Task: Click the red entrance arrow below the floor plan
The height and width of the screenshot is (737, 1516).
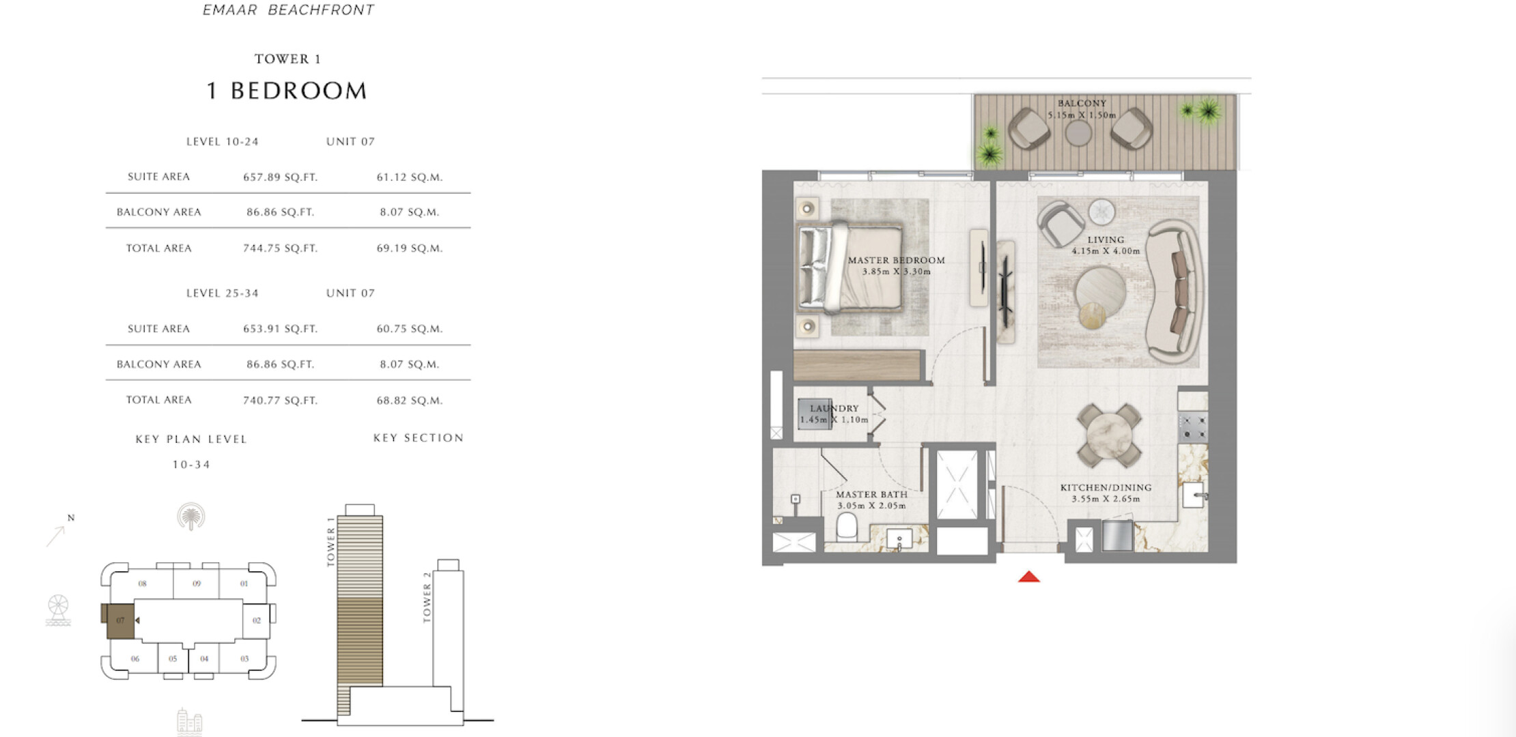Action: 1029,577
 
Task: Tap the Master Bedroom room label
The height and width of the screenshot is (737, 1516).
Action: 897,260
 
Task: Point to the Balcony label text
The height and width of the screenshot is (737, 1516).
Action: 1082,104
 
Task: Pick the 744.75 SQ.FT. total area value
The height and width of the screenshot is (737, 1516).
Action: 281,248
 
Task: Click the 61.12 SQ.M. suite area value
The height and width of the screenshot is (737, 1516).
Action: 410,177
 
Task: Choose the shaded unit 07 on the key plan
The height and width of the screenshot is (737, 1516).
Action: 120,620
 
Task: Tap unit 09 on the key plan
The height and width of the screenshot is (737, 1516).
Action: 197,583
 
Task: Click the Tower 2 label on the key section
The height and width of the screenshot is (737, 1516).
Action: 427,598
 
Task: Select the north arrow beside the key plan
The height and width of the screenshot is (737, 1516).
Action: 56,535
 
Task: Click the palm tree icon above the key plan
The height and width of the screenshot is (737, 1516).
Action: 191,517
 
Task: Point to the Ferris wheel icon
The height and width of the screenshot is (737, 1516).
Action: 58,610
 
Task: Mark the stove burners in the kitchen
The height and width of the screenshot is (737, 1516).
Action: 1193,426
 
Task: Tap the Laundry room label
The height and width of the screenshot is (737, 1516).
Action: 834,408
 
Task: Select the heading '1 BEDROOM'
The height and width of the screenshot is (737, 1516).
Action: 287,91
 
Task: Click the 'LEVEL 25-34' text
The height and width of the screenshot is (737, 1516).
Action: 223,293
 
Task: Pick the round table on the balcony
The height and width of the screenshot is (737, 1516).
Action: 1078,133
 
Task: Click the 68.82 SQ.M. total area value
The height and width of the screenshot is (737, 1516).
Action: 410,401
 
